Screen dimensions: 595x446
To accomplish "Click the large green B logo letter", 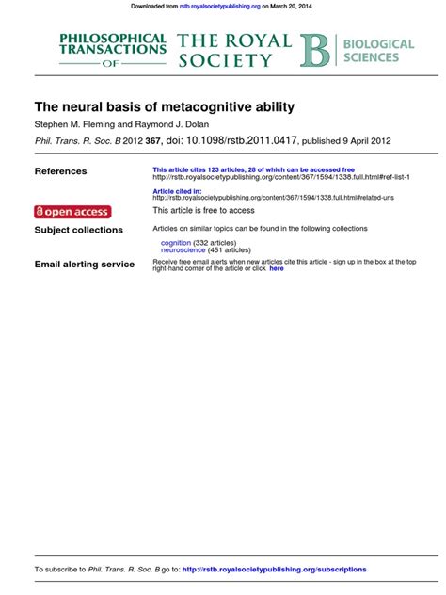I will click(x=315, y=51).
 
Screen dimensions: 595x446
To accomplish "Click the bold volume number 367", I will click(x=152, y=141).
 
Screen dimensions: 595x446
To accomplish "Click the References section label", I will click(x=60, y=171).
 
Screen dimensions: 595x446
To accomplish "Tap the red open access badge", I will click(x=72, y=211).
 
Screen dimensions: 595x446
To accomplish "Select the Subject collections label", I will click(x=78, y=230).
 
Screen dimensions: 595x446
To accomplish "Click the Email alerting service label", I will click(x=84, y=265).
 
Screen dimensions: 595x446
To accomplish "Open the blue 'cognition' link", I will click(x=176, y=243).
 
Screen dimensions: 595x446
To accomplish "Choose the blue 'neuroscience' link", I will click(x=183, y=250).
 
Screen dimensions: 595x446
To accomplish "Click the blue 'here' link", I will click(x=276, y=269).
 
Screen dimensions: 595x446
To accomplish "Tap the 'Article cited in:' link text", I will click(x=177, y=191).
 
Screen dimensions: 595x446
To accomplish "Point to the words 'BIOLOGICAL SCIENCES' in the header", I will click(x=377, y=51).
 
